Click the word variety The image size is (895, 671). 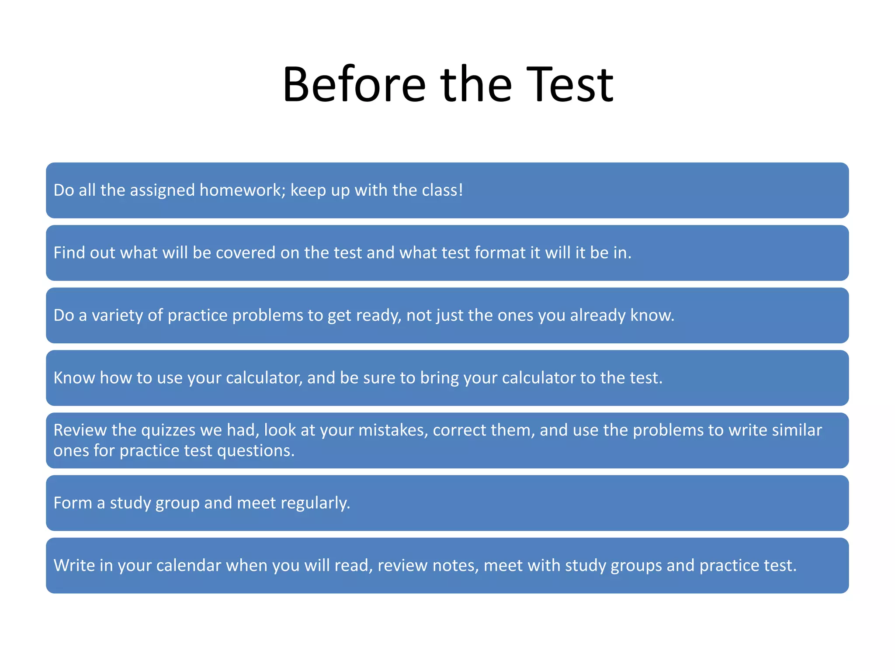[x=117, y=315]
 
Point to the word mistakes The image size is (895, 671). [x=393, y=430]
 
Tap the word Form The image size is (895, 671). [x=73, y=503]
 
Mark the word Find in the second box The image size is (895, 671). [x=69, y=253]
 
